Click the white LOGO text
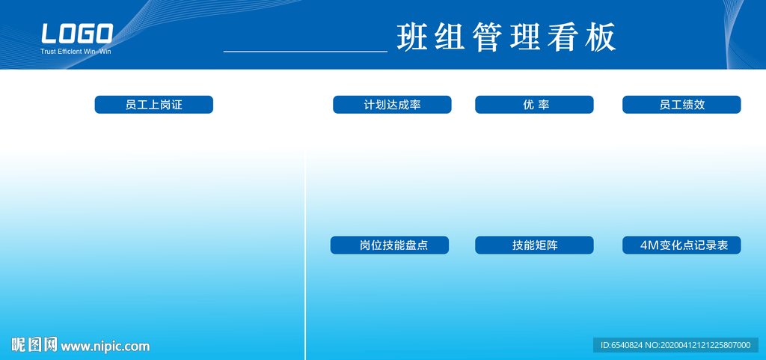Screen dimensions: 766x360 pyautogui.click(x=77, y=34)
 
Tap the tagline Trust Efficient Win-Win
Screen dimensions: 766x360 pyautogui.click(x=76, y=52)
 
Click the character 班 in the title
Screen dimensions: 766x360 pyautogui.click(x=413, y=37)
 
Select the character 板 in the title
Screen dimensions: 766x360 pyautogui.click(x=600, y=37)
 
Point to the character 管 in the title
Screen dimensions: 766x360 pyautogui.click(x=488, y=37)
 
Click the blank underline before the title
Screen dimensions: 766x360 pyautogui.click(x=305, y=51)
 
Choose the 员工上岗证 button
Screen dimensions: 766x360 pyautogui.click(x=154, y=105)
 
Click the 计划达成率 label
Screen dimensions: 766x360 pyautogui.click(x=392, y=105)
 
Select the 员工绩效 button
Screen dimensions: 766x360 pyautogui.click(x=681, y=105)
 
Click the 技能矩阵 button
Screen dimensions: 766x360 pyautogui.click(x=534, y=245)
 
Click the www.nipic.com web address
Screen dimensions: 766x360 pyautogui.click(x=105, y=347)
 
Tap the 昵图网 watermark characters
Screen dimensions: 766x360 pyautogui.click(x=34, y=345)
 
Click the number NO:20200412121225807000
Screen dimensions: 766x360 pyautogui.click(x=698, y=345)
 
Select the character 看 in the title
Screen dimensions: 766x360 pyautogui.click(x=563, y=37)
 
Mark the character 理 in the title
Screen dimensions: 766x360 pyautogui.click(x=525, y=37)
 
